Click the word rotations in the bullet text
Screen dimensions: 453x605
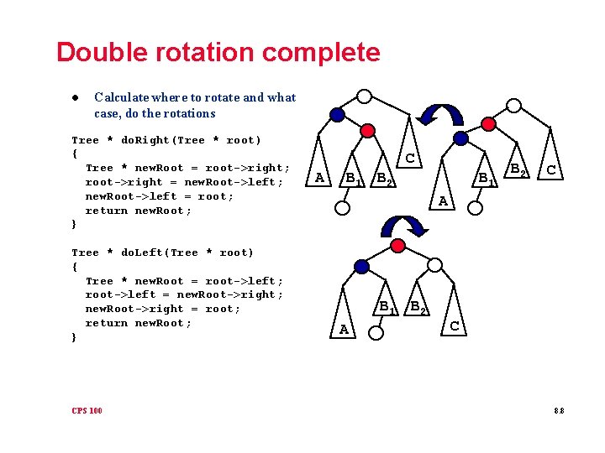point(191,113)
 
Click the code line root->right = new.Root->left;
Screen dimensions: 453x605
point(184,182)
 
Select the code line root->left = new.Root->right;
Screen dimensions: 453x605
point(184,294)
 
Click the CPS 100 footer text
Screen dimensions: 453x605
point(87,410)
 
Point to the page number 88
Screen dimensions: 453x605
point(559,410)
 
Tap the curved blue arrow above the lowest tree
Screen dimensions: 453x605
point(402,225)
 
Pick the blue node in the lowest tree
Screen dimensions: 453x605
point(361,267)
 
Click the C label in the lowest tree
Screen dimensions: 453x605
point(455,325)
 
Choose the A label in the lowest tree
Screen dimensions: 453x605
point(344,330)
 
